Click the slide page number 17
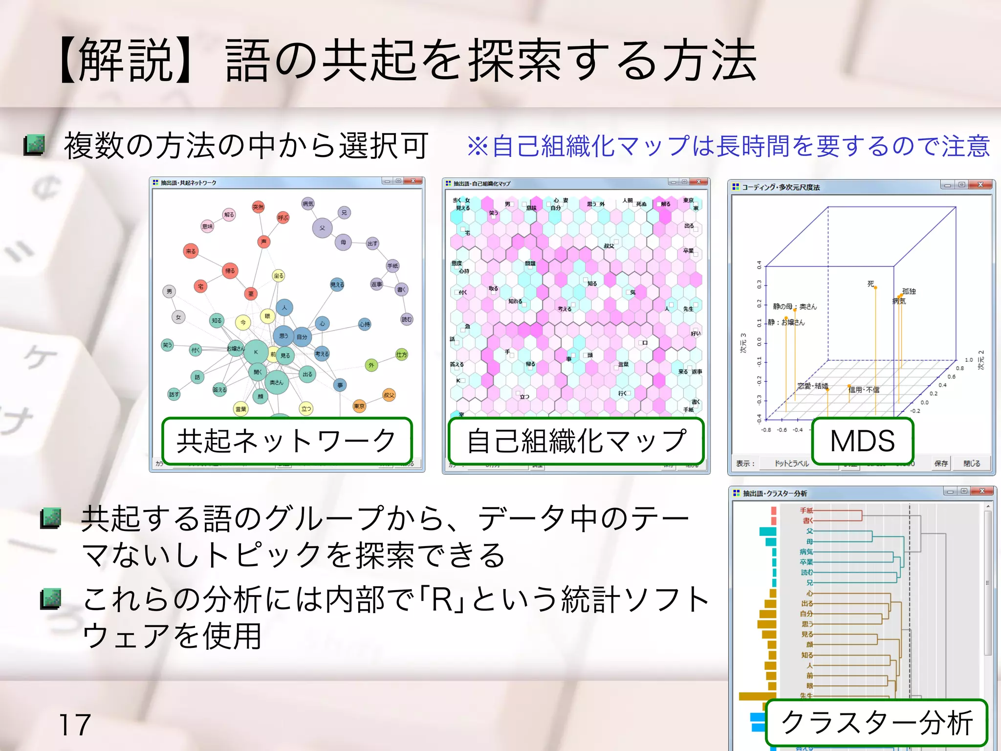click(74, 725)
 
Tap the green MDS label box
click(862, 441)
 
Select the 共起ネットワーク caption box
click(287, 441)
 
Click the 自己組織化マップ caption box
click(576, 441)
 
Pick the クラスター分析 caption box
click(876, 723)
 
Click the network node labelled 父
click(322, 228)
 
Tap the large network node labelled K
click(256, 352)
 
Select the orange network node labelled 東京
click(359, 406)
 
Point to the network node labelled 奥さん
click(276, 382)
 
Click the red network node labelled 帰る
click(230, 270)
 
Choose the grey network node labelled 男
click(169, 291)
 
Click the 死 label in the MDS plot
click(870, 284)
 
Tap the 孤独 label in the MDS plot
click(909, 291)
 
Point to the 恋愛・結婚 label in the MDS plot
click(812, 386)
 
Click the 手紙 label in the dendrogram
click(806, 510)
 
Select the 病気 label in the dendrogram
click(806, 552)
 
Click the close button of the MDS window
click(980, 185)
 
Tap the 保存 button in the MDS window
click(941, 464)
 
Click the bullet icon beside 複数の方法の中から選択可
click(34, 145)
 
